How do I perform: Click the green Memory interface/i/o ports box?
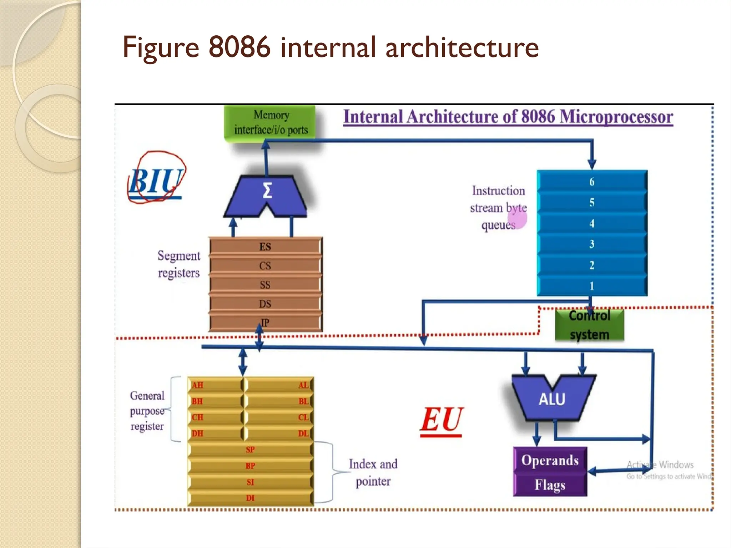click(x=270, y=122)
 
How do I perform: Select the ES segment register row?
click(x=265, y=247)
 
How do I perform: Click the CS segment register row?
click(x=265, y=266)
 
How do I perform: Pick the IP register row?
click(x=265, y=323)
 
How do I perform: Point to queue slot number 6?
click(x=592, y=182)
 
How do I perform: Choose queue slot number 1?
click(x=592, y=286)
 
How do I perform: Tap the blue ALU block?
click(x=552, y=399)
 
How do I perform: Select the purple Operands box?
click(x=550, y=460)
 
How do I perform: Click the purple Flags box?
click(x=550, y=485)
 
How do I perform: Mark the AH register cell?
click(x=214, y=385)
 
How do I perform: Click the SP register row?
click(x=250, y=450)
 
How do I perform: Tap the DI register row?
click(x=250, y=498)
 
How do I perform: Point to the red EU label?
click(x=442, y=420)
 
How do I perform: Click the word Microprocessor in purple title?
click(x=616, y=117)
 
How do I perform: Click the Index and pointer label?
click(x=373, y=472)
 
